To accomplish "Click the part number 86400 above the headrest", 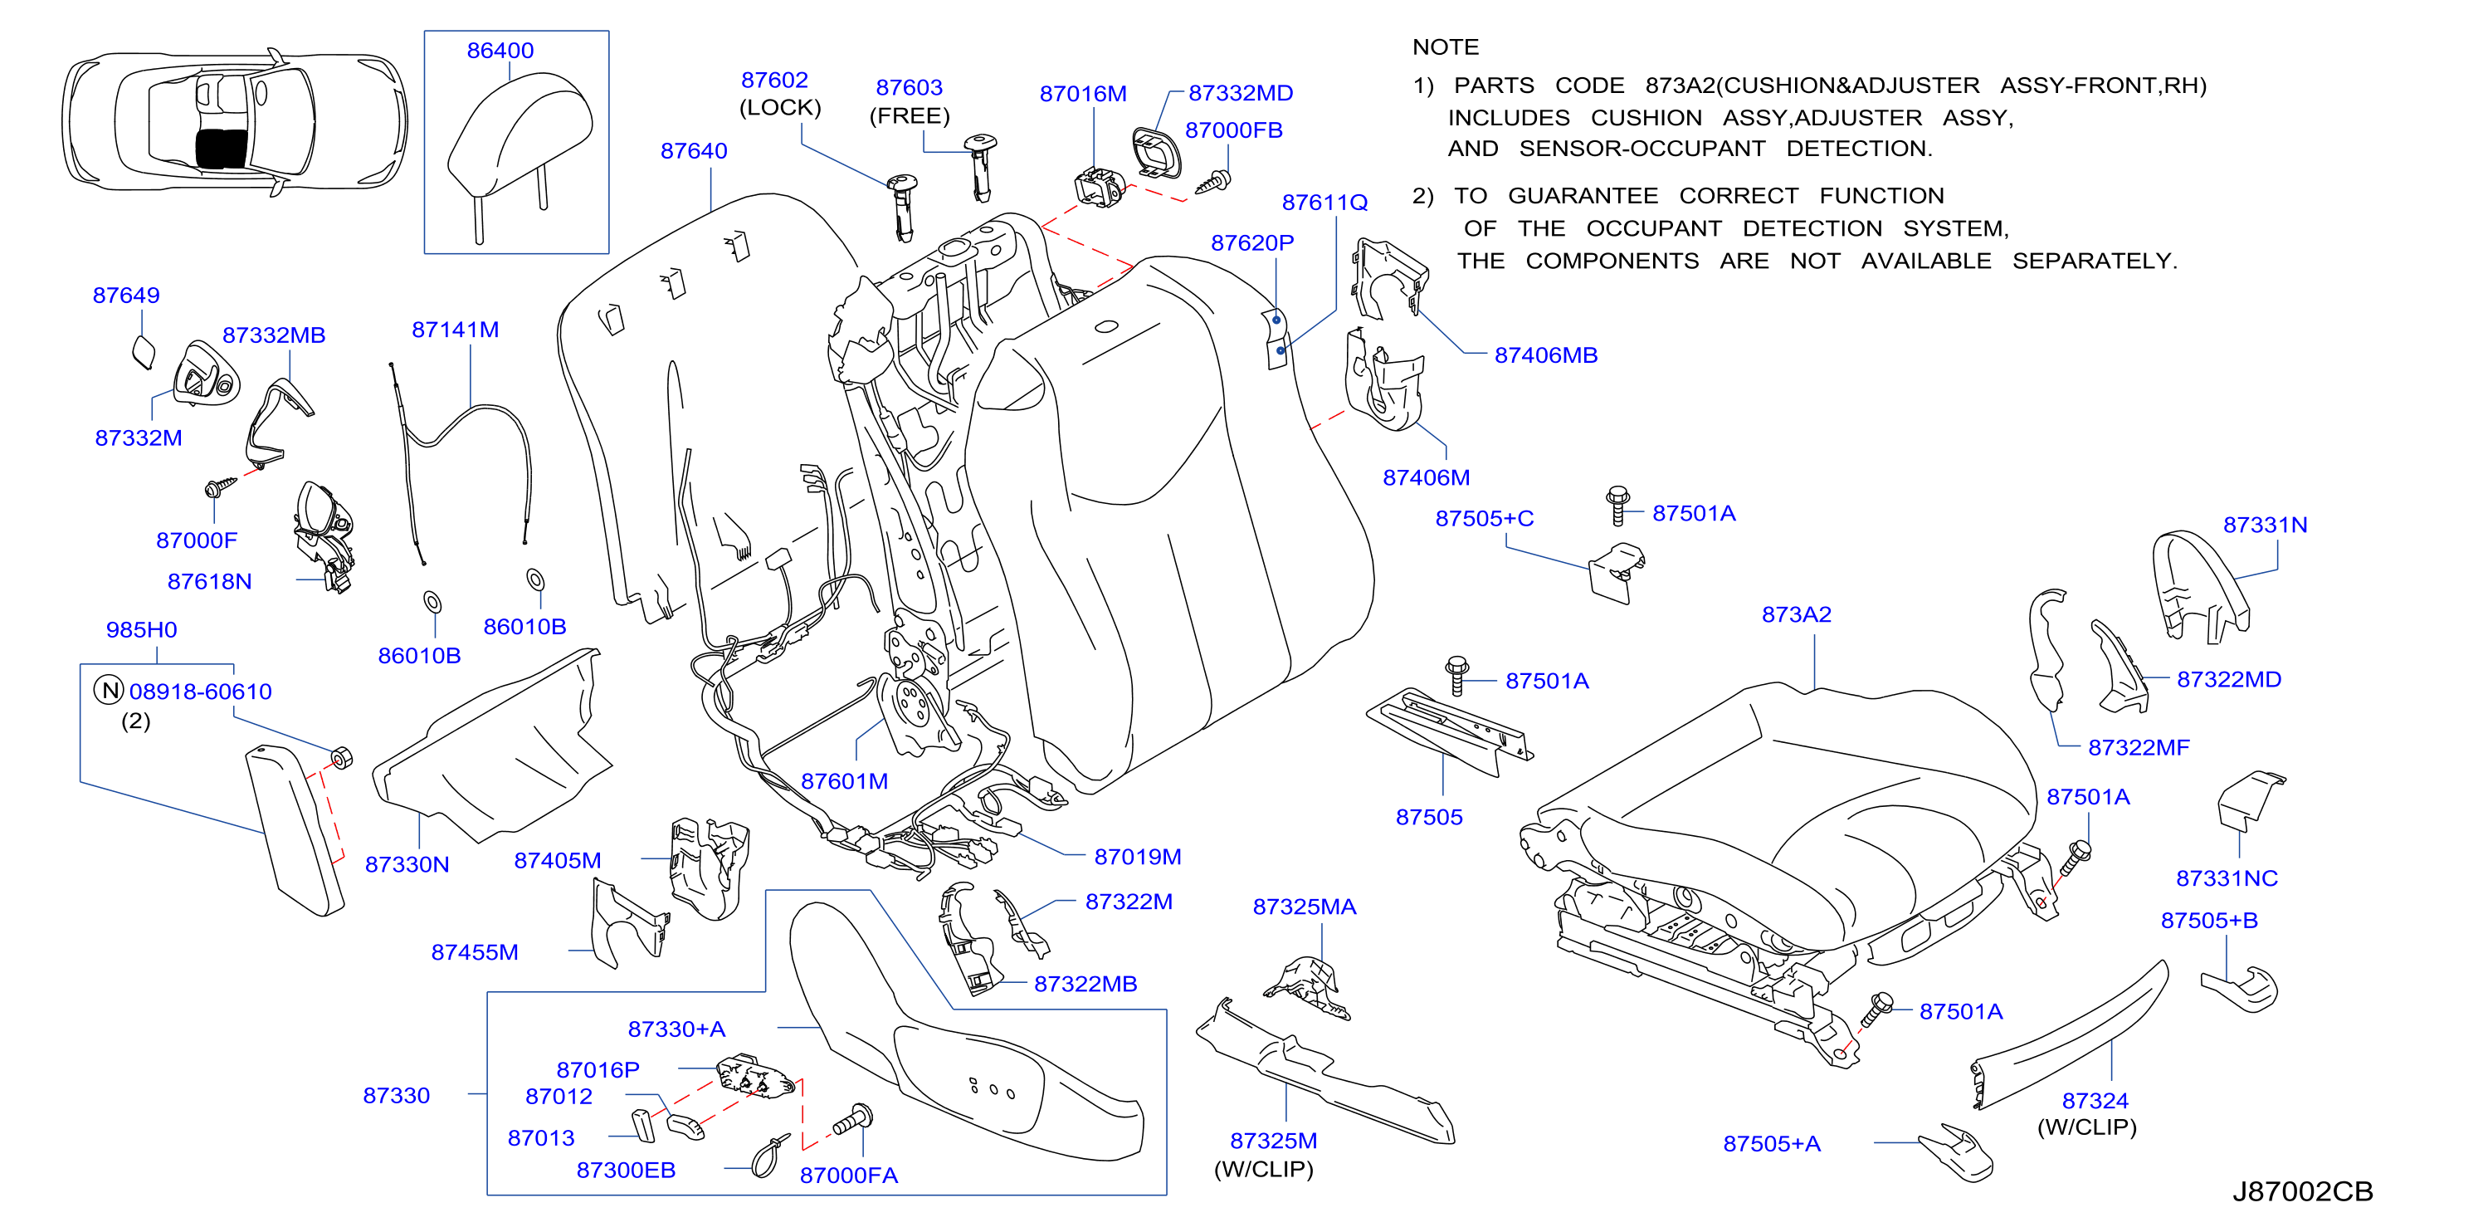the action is pyautogui.click(x=500, y=50).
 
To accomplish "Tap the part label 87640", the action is pyautogui.click(x=693, y=150).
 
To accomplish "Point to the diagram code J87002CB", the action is pyautogui.click(x=2302, y=1191).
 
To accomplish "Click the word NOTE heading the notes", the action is pyautogui.click(x=1445, y=47).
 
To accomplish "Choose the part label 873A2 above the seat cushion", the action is pyautogui.click(x=1796, y=614).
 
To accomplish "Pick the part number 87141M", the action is pyautogui.click(x=455, y=330).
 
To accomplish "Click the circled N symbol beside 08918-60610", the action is pyautogui.click(x=110, y=690).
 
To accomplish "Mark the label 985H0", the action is pyautogui.click(x=141, y=629).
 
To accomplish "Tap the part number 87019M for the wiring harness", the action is pyautogui.click(x=1138, y=856).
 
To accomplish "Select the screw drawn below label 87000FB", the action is pyautogui.click(x=1213, y=181).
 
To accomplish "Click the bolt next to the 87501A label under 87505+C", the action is pyautogui.click(x=1618, y=505).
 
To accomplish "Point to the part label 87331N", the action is pyautogui.click(x=2266, y=525).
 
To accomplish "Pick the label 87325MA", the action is pyautogui.click(x=1304, y=907).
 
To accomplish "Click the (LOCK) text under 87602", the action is pyautogui.click(x=780, y=107).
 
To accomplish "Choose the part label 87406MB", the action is pyautogui.click(x=1545, y=354).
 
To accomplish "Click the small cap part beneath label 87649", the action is pyautogui.click(x=143, y=352).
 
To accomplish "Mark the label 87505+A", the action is pyautogui.click(x=1772, y=1143).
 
